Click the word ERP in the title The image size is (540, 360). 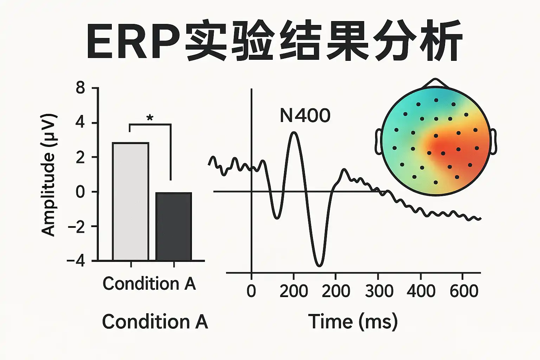point(133,41)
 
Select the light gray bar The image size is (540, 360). point(130,201)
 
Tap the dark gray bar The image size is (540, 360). point(174,226)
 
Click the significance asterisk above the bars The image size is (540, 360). point(150,118)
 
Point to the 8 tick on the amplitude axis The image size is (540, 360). point(81,88)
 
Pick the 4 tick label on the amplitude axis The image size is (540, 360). point(81,123)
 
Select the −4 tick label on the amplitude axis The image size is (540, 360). point(76,261)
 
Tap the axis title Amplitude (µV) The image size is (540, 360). point(49,175)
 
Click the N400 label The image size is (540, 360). point(305,115)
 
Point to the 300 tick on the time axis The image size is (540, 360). point(379,291)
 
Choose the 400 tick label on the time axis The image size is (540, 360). point(421,291)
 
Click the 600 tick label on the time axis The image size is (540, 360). point(464,291)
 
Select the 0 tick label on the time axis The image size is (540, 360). point(251,291)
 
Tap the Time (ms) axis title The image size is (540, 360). point(353,321)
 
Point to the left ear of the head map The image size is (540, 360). point(379,142)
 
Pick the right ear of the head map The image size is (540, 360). point(493,142)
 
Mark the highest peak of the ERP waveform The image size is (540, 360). point(294,133)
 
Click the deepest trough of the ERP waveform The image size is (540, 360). point(319,265)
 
